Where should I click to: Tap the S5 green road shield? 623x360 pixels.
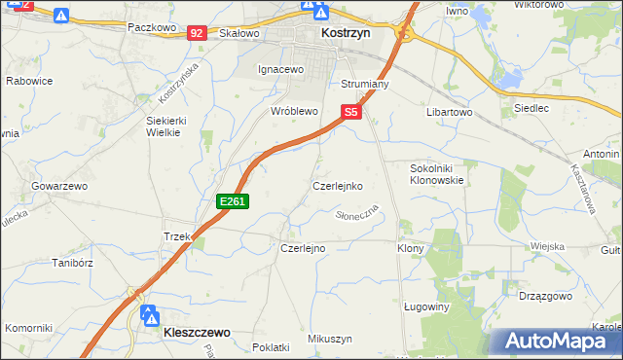(x=351, y=113)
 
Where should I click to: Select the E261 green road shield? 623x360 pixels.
(x=234, y=201)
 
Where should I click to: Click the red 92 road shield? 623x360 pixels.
(x=198, y=32)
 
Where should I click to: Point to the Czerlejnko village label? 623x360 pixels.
(x=338, y=185)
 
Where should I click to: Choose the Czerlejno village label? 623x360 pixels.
(x=303, y=248)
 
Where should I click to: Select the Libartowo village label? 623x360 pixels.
(x=449, y=113)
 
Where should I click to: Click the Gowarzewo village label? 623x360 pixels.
(x=59, y=185)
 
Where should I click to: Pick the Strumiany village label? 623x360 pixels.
(x=365, y=85)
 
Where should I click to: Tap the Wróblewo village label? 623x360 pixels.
(x=295, y=112)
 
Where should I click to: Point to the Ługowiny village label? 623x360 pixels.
(x=425, y=306)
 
